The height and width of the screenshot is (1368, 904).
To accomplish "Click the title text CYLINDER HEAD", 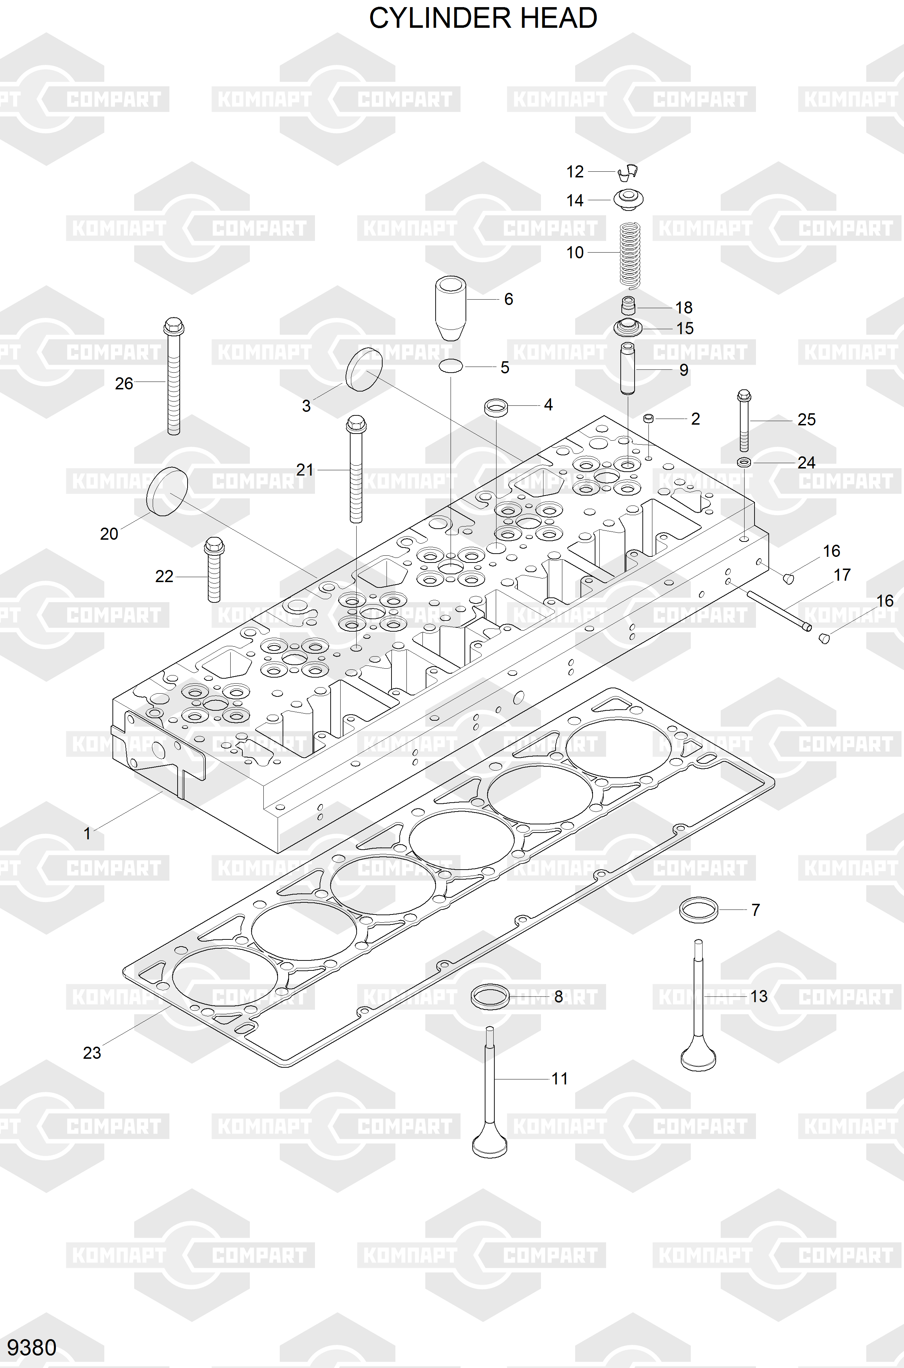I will [x=483, y=19].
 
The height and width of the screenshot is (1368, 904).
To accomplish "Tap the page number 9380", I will [x=32, y=1347].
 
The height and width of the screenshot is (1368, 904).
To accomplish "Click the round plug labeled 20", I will [x=168, y=492].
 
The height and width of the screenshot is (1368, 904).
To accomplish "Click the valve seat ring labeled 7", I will [x=699, y=910].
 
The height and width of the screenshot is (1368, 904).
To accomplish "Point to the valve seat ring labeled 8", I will [x=490, y=996].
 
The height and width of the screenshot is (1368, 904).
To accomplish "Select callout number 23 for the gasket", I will [x=92, y=1053].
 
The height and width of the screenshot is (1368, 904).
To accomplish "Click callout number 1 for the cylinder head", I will [x=87, y=833].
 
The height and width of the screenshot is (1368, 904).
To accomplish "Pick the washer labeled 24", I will [x=744, y=462].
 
